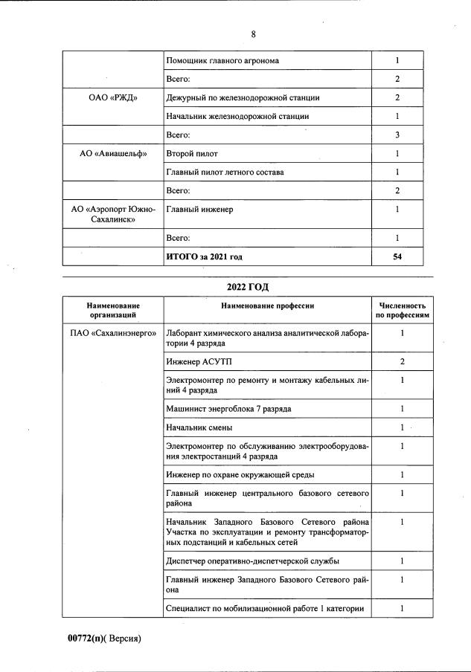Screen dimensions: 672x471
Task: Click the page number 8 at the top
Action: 254,33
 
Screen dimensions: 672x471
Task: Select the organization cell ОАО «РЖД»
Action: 113,98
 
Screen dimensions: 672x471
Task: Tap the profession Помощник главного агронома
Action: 222,61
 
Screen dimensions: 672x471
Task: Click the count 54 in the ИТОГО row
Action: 397,256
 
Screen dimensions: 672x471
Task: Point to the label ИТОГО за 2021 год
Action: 204,256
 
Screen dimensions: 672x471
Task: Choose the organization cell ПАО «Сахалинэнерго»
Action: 113,333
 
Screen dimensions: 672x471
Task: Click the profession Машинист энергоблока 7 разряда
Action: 228,409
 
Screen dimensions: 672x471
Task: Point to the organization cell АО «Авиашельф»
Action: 113,154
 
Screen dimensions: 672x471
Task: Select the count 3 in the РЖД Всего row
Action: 397,135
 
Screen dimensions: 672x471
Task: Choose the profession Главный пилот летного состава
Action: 225,172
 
